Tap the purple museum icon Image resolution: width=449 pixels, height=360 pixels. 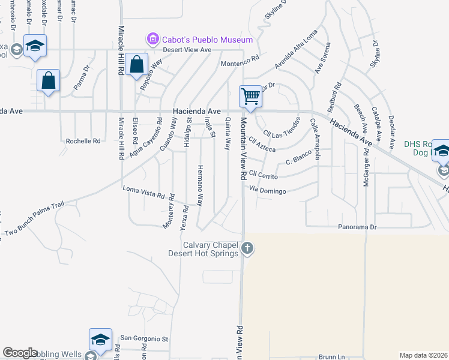click(x=152, y=40)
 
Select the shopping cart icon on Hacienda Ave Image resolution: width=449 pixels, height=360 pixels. click(x=250, y=96)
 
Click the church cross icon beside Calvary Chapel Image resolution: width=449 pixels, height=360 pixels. click(x=246, y=248)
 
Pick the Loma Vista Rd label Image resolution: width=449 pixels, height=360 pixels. click(x=143, y=193)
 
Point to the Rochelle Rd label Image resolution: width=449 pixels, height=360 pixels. click(x=83, y=141)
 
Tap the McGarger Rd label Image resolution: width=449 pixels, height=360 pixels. click(x=366, y=166)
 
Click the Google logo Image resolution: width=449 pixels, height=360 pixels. click(x=21, y=353)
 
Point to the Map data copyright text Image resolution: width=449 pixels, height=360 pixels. click(x=423, y=355)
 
